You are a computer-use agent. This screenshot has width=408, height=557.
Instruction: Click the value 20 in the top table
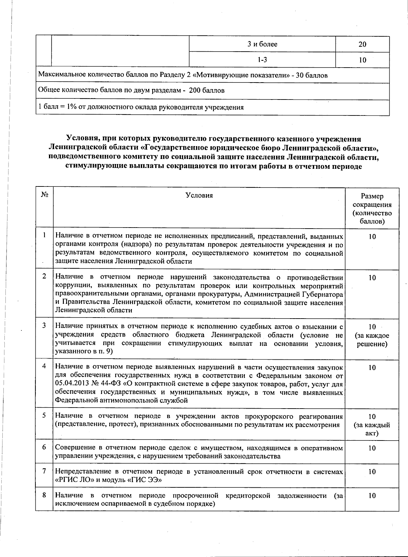pos(362,44)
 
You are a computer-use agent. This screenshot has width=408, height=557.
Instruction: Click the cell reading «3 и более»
pos(262,44)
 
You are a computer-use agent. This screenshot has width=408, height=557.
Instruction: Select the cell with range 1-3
pos(262,60)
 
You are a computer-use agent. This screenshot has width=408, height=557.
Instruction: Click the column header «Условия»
pos(199,195)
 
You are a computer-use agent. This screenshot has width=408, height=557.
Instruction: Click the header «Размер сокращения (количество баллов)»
pos(372,209)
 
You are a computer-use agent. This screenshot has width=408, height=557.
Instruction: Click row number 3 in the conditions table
pos(45,326)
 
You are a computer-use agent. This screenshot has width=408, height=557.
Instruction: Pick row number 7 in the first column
pos(45,471)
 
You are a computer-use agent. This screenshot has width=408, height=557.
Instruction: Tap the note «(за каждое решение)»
pos(372,340)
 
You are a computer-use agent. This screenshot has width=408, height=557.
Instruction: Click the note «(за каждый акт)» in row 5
pos(372,429)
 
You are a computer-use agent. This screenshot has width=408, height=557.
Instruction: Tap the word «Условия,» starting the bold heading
pos(82,139)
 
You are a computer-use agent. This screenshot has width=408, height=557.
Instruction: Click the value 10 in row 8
pos(372,496)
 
